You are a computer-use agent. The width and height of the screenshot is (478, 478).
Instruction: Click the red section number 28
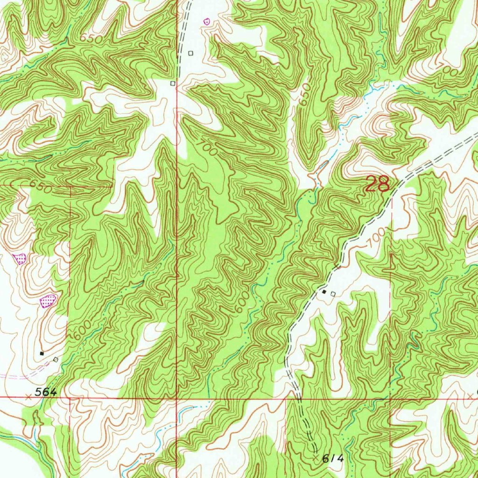click(377, 184)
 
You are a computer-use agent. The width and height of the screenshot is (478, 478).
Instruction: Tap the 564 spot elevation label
click(45, 393)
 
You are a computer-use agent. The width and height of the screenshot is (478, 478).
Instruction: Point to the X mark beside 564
click(28, 397)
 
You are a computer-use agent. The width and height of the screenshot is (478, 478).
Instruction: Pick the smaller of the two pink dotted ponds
click(20, 258)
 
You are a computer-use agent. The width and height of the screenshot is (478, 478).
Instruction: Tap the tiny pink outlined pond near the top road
click(207, 21)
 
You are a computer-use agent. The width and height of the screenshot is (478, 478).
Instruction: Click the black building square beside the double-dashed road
click(324, 292)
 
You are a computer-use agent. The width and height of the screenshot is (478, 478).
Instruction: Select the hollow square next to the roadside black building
click(333, 294)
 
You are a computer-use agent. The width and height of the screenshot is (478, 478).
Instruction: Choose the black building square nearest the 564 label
click(42, 353)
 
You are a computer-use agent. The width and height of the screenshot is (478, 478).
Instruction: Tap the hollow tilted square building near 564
click(56, 359)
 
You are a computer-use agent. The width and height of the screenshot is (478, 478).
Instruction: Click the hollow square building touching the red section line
click(173, 84)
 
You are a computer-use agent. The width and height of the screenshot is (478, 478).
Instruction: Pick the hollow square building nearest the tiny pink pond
click(190, 53)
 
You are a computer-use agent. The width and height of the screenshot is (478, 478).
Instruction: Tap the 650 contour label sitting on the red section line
click(40, 185)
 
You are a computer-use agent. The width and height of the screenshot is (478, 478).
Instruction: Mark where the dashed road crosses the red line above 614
click(299, 399)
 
